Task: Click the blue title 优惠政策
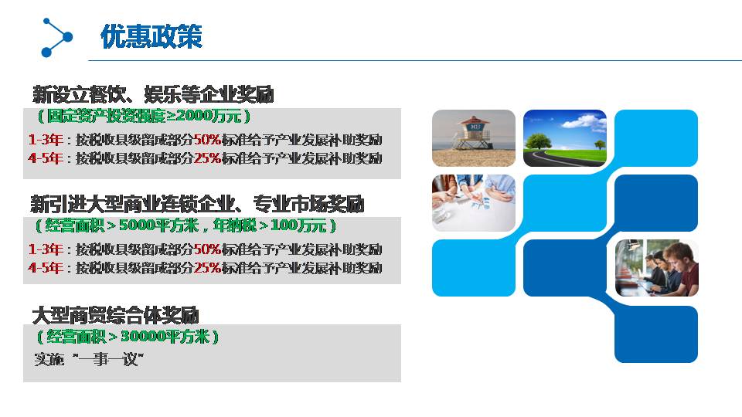151,36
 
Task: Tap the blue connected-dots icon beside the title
56,37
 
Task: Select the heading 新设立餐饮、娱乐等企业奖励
153,94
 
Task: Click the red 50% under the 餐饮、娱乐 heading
207,140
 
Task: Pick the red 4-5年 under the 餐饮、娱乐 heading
46,158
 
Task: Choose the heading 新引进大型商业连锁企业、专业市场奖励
197,204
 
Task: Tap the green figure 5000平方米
158,225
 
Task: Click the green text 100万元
298,225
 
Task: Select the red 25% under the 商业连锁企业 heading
207,268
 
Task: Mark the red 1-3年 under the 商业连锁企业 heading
46,249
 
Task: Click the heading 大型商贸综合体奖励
115,315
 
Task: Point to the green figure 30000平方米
165,337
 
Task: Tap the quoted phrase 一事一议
108,359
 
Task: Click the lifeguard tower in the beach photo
471,133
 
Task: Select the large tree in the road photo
538,141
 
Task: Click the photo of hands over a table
474,203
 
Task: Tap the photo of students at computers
656,268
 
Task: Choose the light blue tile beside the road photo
656,138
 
